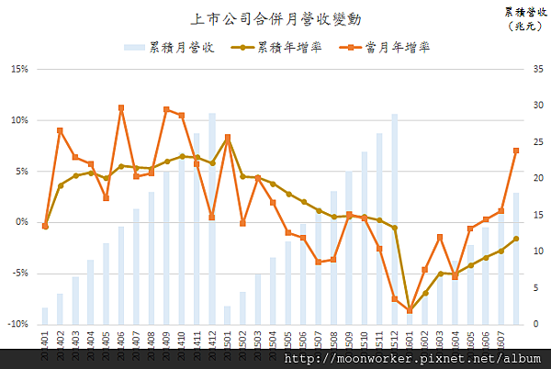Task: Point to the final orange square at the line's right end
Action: (x=516, y=151)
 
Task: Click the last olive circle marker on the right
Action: (x=516, y=239)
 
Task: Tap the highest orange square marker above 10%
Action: (x=121, y=108)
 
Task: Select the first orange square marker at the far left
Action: (x=45, y=226)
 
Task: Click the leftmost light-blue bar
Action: (x=45, y=316)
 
